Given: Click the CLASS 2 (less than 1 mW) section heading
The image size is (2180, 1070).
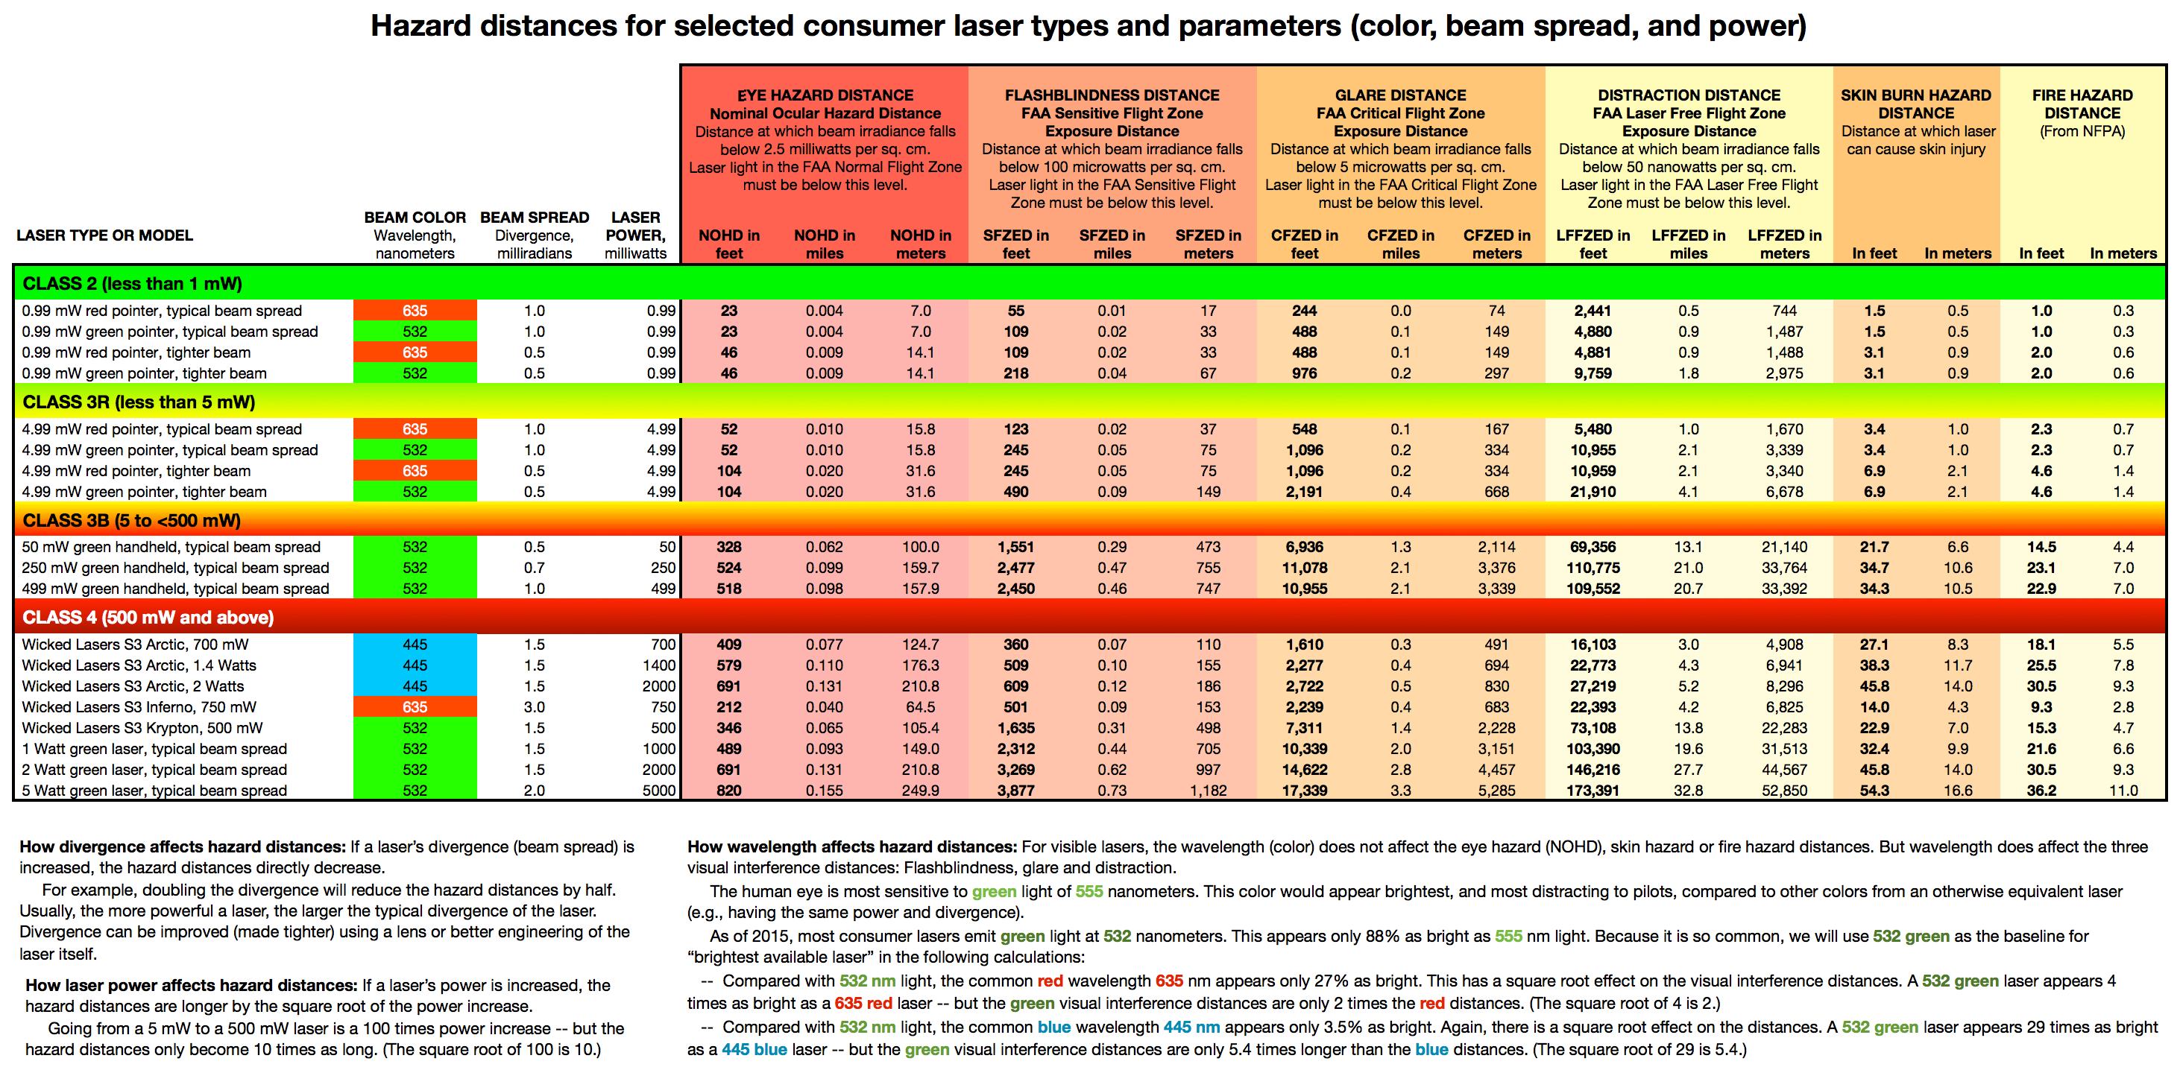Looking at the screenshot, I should click(132, 283).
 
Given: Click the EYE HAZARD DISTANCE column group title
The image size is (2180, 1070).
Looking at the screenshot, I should click(825, 95).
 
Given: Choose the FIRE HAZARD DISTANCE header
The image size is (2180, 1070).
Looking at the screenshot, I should click(2082, 103).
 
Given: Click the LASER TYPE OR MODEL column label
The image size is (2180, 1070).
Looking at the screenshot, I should click(104, 235).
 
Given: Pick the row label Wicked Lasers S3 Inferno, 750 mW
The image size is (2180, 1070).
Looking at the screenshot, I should click(139, 707).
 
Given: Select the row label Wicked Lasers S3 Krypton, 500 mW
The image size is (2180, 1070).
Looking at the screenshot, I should click(142, 727).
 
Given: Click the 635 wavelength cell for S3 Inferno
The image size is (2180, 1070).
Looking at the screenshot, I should click(415, 707).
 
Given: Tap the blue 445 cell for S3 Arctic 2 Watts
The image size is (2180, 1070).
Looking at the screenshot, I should click(415, 686).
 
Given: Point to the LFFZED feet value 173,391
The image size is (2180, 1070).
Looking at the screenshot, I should click(1593, 790).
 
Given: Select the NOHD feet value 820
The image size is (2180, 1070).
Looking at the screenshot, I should click(728, 790).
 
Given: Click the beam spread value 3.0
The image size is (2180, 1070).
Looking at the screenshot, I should click(534, 707).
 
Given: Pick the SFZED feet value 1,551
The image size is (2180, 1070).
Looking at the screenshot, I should click(1015, 547).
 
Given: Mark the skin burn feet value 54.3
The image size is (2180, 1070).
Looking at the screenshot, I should click(1874, 790).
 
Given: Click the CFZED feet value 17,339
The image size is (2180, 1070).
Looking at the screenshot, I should click(1304, 790).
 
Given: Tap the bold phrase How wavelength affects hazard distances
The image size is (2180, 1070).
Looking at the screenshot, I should click(851, 846).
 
